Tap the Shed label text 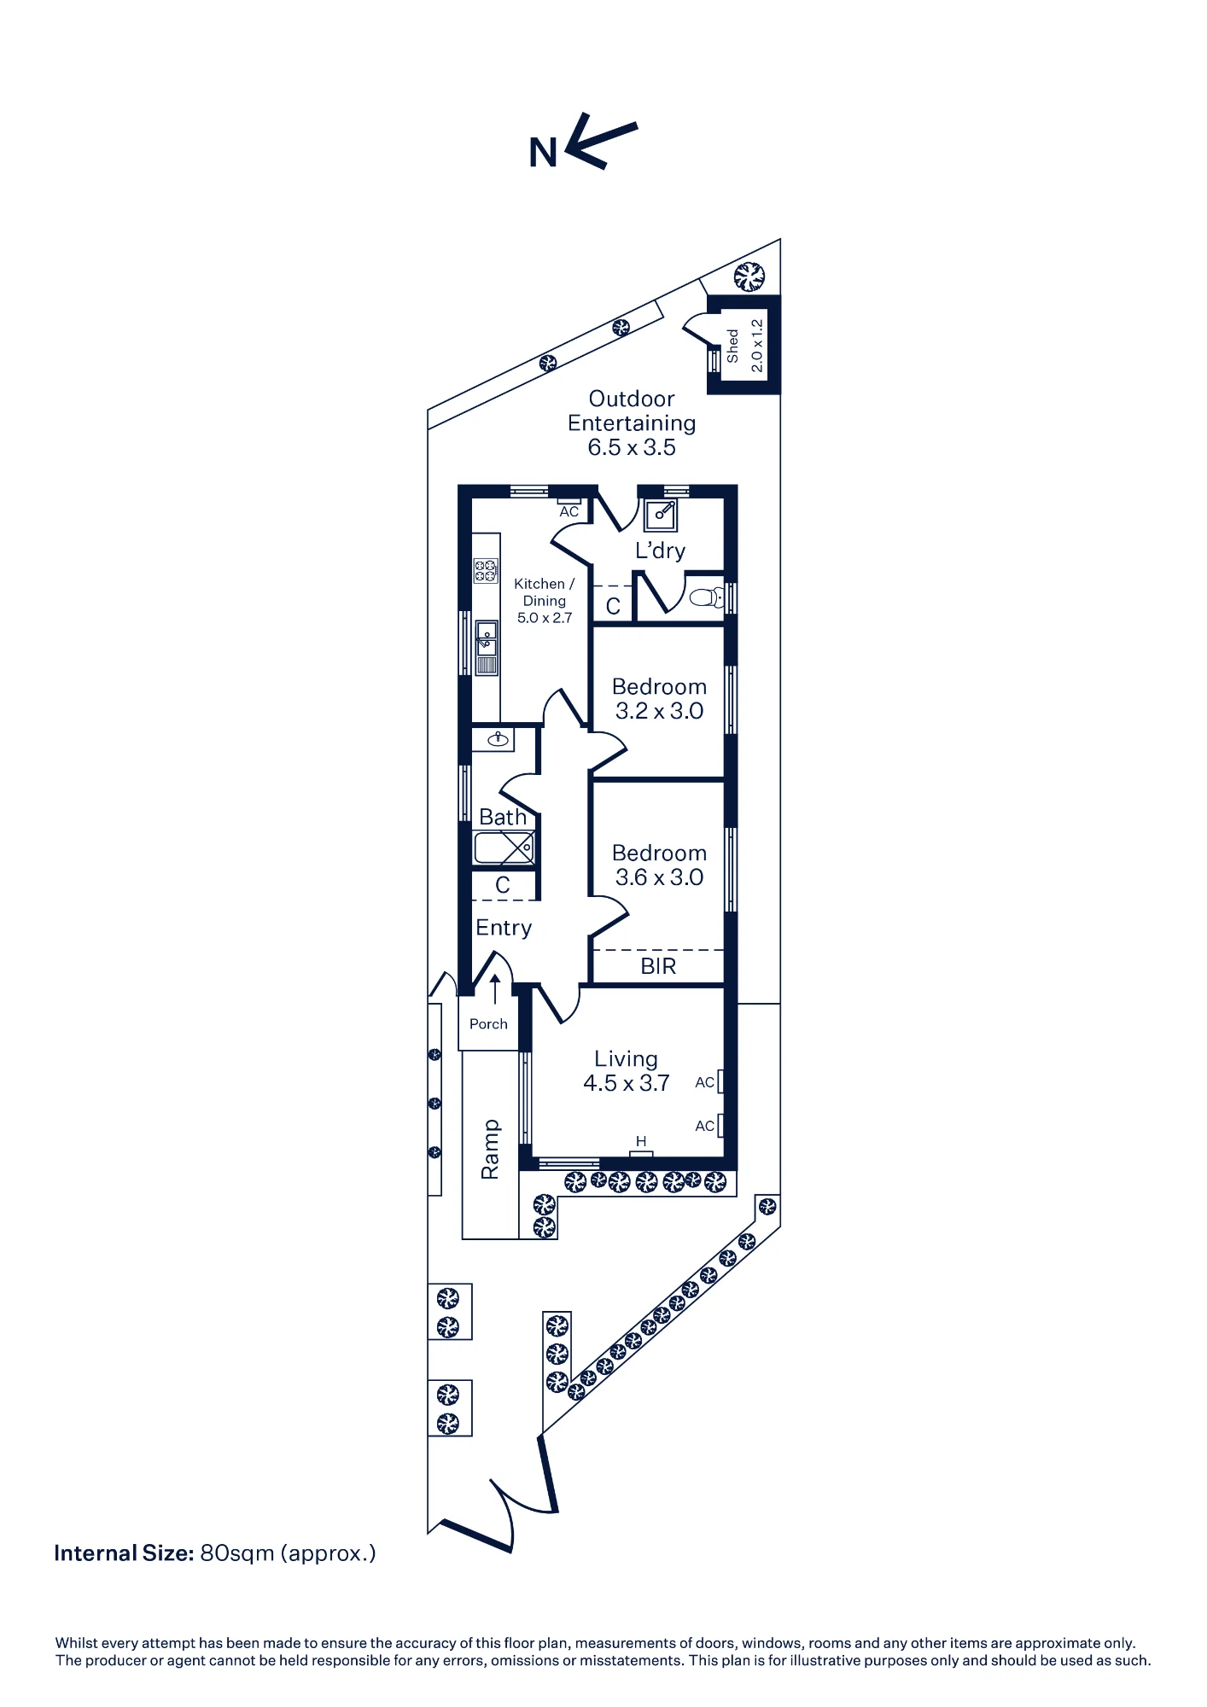coord(732,346)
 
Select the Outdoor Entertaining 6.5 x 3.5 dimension coord(632,447)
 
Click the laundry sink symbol coord(661,515)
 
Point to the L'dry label coord(660,551)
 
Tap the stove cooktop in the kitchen coord(486,571)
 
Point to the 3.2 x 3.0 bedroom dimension coord(660,711)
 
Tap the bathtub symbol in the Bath coord(504,848)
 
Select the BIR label coord(658,966)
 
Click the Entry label coord(504,928)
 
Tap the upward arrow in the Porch coord(495,990)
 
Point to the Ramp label coord(490,1150)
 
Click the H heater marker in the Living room coord(641,1141)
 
